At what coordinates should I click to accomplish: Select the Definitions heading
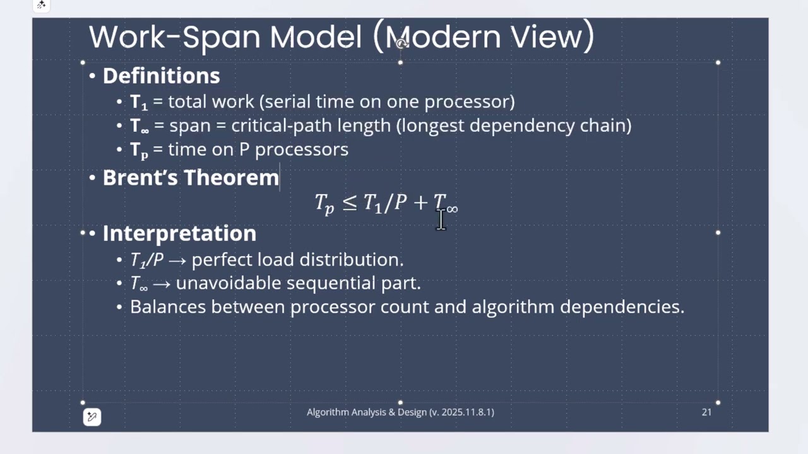click(161, 76)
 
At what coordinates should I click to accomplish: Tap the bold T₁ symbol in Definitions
click(138, 102)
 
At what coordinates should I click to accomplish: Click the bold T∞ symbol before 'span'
click(139, 126)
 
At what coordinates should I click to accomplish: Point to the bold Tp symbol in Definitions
click(139, 150)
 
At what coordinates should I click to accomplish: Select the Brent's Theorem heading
click(191, 178)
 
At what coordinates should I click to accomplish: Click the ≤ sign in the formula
click(349, 202)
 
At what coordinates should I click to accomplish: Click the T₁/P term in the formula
click(385, 203)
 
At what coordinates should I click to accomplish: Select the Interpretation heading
click(179, 233)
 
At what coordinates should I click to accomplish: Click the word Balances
click(168, 307)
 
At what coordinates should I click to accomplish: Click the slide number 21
click(706, 412)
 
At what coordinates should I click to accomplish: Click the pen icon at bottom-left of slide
click(92, 417)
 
